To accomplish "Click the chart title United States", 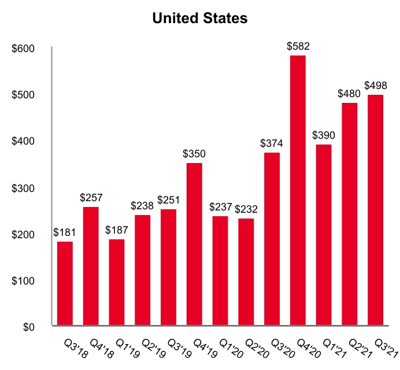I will click(x=200, y=18).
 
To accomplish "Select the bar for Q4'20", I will click(x=298, y=191).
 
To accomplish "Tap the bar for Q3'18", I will click(x=65, y=283).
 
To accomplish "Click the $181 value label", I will click(x=65, y=232).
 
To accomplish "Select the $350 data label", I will click(x=194, y=154).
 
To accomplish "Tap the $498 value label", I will click(x=376, y=86).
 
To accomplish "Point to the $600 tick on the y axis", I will click(x=24, y=49).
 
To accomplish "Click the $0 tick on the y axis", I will click(x=28, y=327).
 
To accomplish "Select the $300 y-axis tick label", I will click(x=24, y=188).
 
